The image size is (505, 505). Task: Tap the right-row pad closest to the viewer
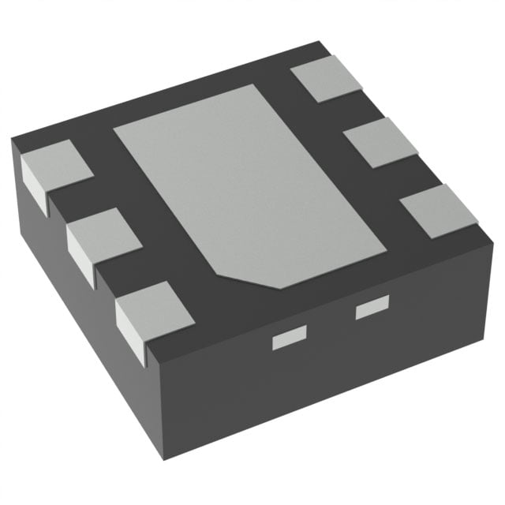(x=439, y=210)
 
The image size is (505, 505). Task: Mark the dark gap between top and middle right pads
(x=347, y=110)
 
